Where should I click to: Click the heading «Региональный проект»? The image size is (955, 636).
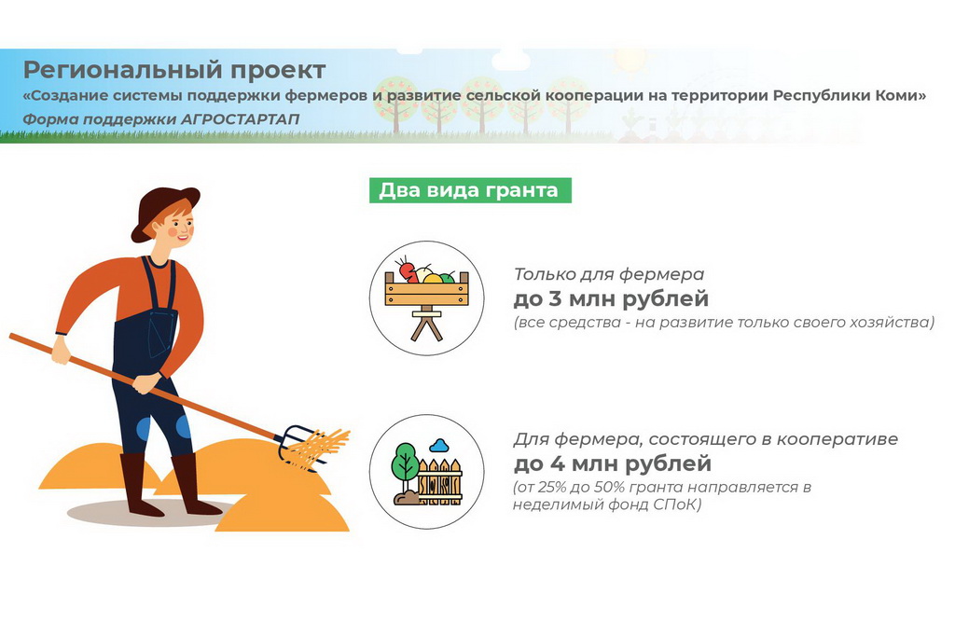click(x=174, y=71)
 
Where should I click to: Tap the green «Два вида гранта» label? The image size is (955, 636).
click(x=470, y=190)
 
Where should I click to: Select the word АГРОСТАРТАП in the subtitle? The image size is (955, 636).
click(x=240, y=118)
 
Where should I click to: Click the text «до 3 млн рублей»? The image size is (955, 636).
click(x=612, y=299)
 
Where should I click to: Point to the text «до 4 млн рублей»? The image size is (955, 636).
click(x=613, y=464)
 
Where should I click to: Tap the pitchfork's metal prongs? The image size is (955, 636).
click(x=300, y=446)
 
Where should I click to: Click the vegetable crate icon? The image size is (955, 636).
click(x=427, y=297)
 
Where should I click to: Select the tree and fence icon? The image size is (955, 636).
click(x=427, y=472)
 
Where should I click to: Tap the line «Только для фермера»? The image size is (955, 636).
click(x=609, y=274)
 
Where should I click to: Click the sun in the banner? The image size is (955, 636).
click(x=630, y=59)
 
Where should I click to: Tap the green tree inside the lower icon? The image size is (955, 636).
click(x=405, y=463)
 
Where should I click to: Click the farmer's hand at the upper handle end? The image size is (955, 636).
click(x=61, y=351)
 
